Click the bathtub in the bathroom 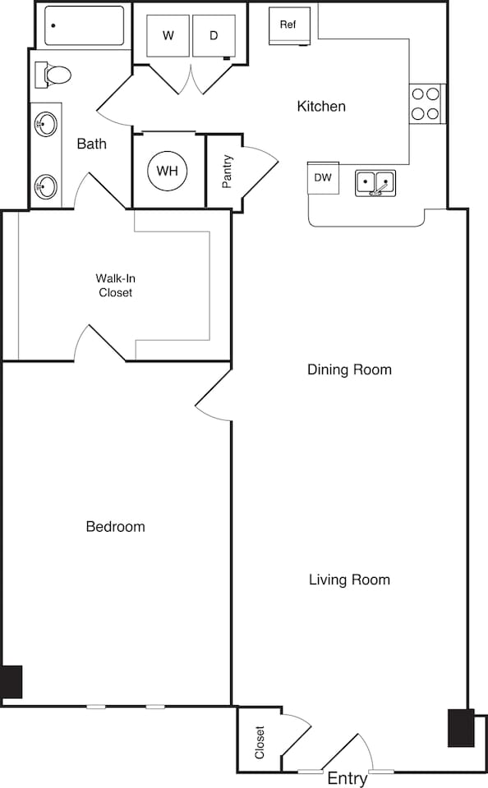tap(84, 26)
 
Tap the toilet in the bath tap(53, 75)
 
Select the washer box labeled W tap(168, 36)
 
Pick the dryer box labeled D tap(214, 36)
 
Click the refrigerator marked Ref tap(288, 25)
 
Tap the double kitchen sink tap(375, 182)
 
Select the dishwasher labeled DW tap(323, 177)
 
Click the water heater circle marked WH tap(168, 171)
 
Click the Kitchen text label tap(321, 106)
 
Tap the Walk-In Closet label tap(115, 285)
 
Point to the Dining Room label tap(349, 369)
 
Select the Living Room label tap(349, 580)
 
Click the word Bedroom tap(115, 526)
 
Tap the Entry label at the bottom tap(347, 778)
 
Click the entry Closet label tap(260, 742)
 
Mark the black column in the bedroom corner tap(12, 681)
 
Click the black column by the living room tap(460, 727)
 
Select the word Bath tap(91, 144)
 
